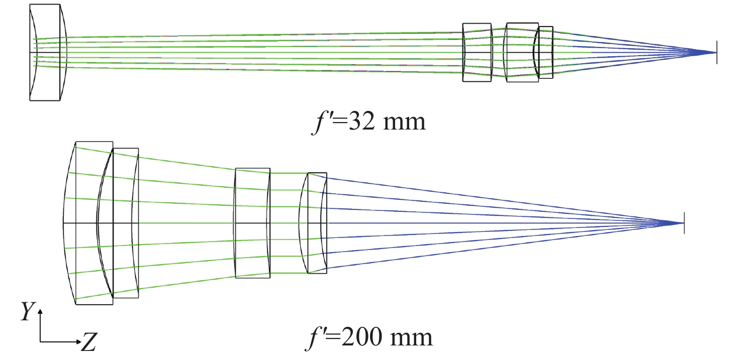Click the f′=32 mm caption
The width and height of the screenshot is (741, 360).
click(x=368, y=122)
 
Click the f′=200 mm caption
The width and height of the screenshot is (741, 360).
click(x=369, y=337)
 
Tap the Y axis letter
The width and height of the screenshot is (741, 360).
click(x=28, y=311)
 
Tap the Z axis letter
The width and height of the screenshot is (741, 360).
click(x=89, y=342)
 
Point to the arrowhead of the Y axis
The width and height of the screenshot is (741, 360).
click(x=40, y=311)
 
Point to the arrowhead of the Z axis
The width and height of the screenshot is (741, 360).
click(x=78, y=341)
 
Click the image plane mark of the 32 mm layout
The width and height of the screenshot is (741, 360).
click(x=717, y=52)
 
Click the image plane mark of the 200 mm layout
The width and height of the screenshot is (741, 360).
click(x=684, y=223)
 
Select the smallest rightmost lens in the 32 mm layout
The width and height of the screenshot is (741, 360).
click(x=546, y=52)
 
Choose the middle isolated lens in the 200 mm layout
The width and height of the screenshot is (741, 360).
click(x=253, y=223)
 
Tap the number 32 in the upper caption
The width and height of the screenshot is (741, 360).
click(x=361, y=122)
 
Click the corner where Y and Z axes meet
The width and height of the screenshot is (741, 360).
click(x=40, y=341)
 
